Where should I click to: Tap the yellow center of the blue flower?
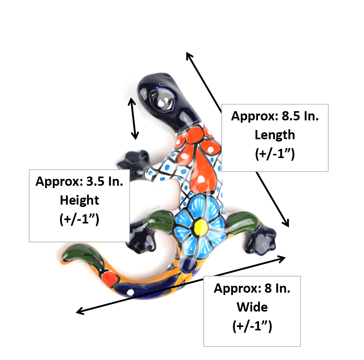click(x=201, y=227)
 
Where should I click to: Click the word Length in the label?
click(x=275, y=135)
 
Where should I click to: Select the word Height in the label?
click(x=80, y=200)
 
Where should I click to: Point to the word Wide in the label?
click(x=252, y=307)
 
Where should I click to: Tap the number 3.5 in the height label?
click(x=95, y=181)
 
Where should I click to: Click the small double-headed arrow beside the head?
click(x=133, y=119)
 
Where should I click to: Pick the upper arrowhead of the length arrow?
click(x=189, y=57)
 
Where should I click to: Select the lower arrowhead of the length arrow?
click(x=286, y=223)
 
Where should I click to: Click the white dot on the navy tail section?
click(x=131, y=292)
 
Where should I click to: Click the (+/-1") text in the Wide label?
click(x=252, y=326)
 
